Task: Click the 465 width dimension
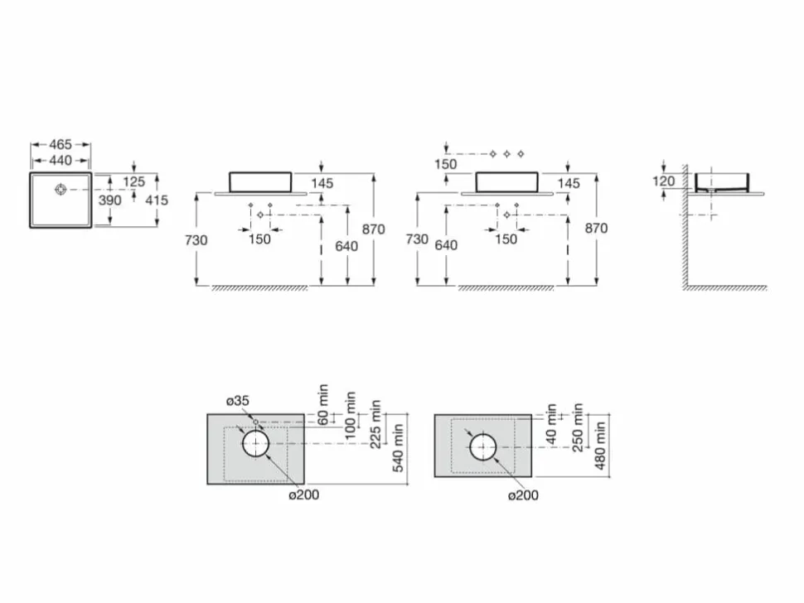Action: pos(61,144)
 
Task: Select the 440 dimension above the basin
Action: pos(61,161)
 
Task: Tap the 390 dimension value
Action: pos(110,200)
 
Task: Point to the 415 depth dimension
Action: pos(157,200)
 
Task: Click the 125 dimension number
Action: pos(133,181)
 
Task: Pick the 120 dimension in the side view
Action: pos(663,181)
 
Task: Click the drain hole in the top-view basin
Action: pos(61,190)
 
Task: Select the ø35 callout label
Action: pos(238,401)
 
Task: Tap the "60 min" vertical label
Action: pos(323,404)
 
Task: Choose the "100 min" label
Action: pos(351,416)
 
